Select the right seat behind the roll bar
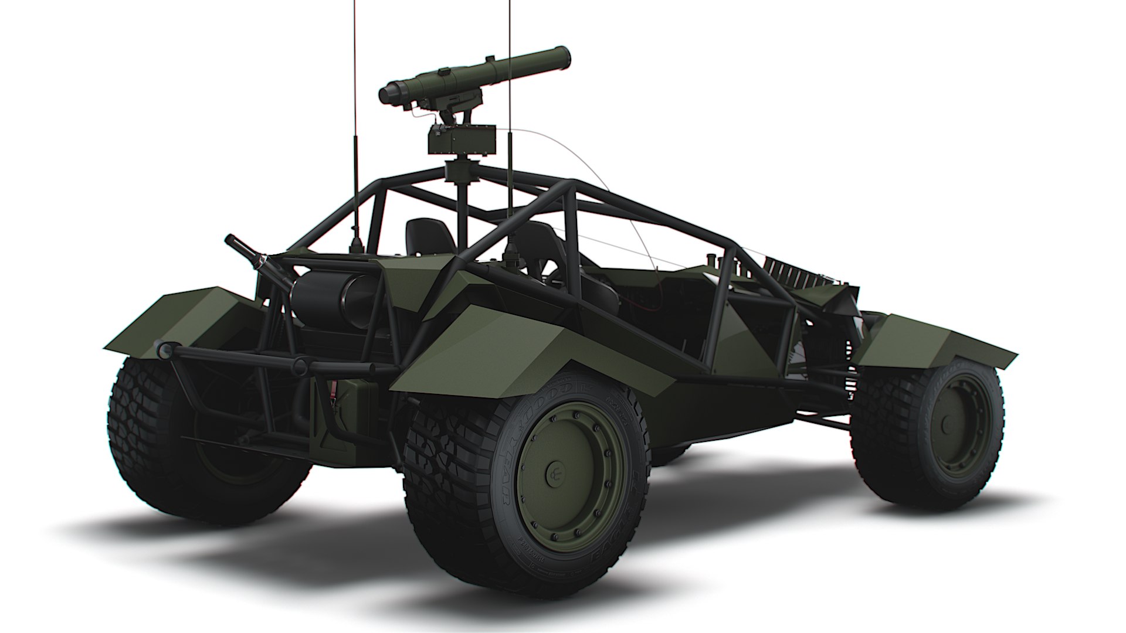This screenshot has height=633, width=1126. [537, 246]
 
